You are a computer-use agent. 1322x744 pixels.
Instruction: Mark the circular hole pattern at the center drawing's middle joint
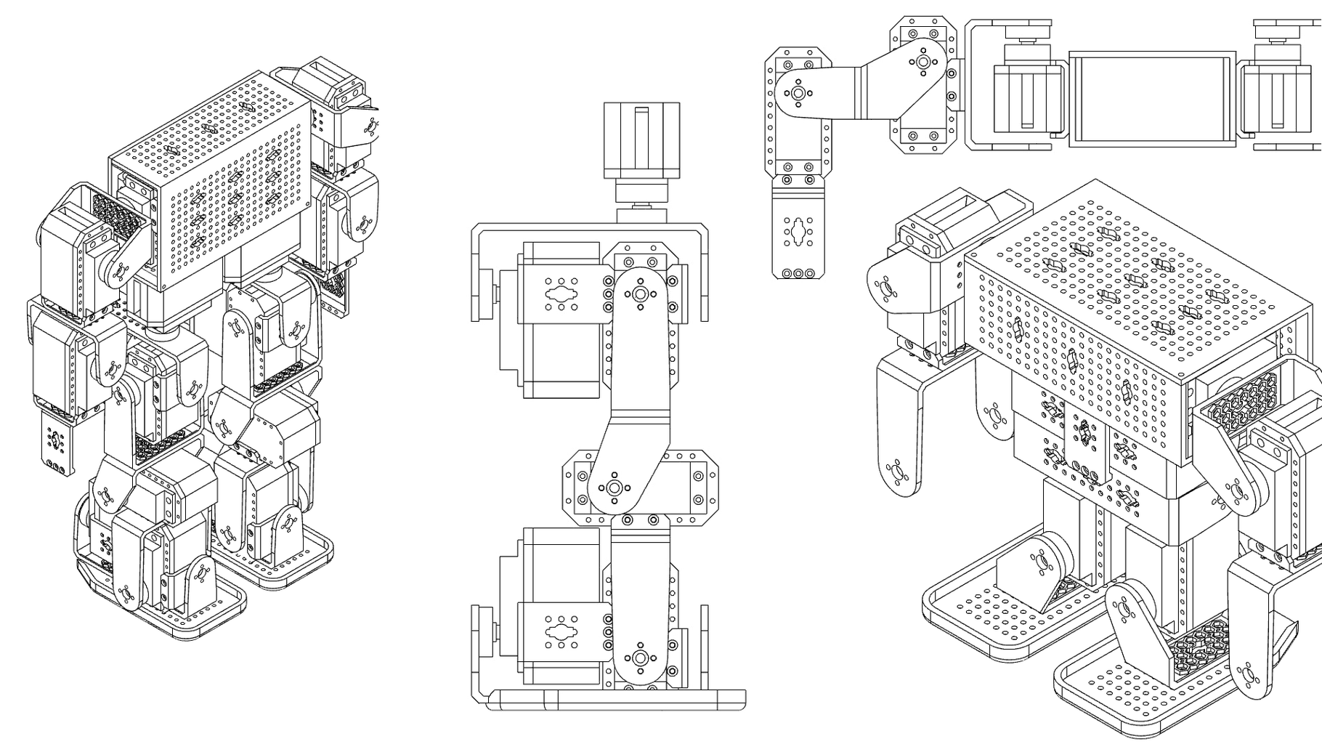[x=615, y=487]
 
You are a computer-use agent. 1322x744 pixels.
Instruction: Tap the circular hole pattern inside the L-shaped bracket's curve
[x=799, y=92]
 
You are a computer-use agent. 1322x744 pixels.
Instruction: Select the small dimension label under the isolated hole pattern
[x=799, y=275]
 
